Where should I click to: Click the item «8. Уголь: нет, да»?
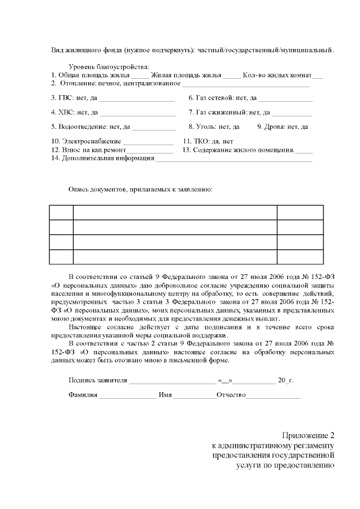214,127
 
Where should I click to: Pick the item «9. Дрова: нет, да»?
282,127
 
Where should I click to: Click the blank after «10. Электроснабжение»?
148,142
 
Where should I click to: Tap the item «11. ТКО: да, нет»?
208,141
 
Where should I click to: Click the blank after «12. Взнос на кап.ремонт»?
150,150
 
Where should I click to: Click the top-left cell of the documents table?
61,213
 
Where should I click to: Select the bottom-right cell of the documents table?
300,256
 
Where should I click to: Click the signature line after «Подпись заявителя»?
172,381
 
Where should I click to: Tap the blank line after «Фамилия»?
128,395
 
